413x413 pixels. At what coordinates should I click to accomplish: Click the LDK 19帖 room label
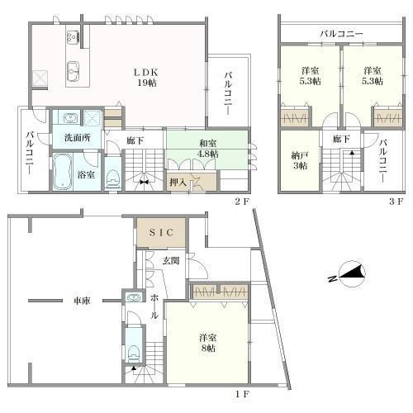pos(146,76)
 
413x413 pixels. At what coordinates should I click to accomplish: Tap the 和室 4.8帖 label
pos(207,148)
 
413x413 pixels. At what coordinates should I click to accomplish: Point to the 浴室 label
pos(85,174)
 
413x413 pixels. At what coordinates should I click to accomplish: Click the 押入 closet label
pos(178,181)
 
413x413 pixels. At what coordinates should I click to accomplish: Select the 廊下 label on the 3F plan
pos(339,140)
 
